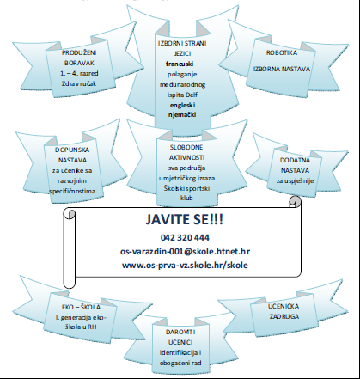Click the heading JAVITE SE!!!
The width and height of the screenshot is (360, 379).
point(184,220)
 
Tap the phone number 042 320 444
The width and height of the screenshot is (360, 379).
point(185,238)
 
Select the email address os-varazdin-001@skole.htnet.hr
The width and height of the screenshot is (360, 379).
point(185,251)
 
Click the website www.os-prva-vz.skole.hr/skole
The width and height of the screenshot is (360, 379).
point(185,265)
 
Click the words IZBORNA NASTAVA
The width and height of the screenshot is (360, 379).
point(282,69)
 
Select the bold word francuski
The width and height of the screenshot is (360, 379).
point(179,64)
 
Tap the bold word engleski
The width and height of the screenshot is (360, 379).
point(182,106)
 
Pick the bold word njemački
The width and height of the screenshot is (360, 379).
point(182,114)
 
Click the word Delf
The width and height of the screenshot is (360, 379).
point(192,95)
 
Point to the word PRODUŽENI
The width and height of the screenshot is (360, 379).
point(79,52)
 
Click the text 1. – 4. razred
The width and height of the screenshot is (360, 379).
point(79,73)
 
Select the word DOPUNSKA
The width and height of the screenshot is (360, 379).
point(72,150)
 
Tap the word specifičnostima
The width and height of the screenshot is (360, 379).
point(72,191)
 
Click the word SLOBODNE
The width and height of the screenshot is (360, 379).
point(186,147)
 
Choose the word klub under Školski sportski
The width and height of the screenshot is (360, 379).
point(186,198)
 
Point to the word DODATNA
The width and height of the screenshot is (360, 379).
point(295,160)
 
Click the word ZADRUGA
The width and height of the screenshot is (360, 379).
point(284,316)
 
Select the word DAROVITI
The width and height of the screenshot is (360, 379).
point(180,332)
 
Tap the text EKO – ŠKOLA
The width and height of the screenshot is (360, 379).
point(81,307)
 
